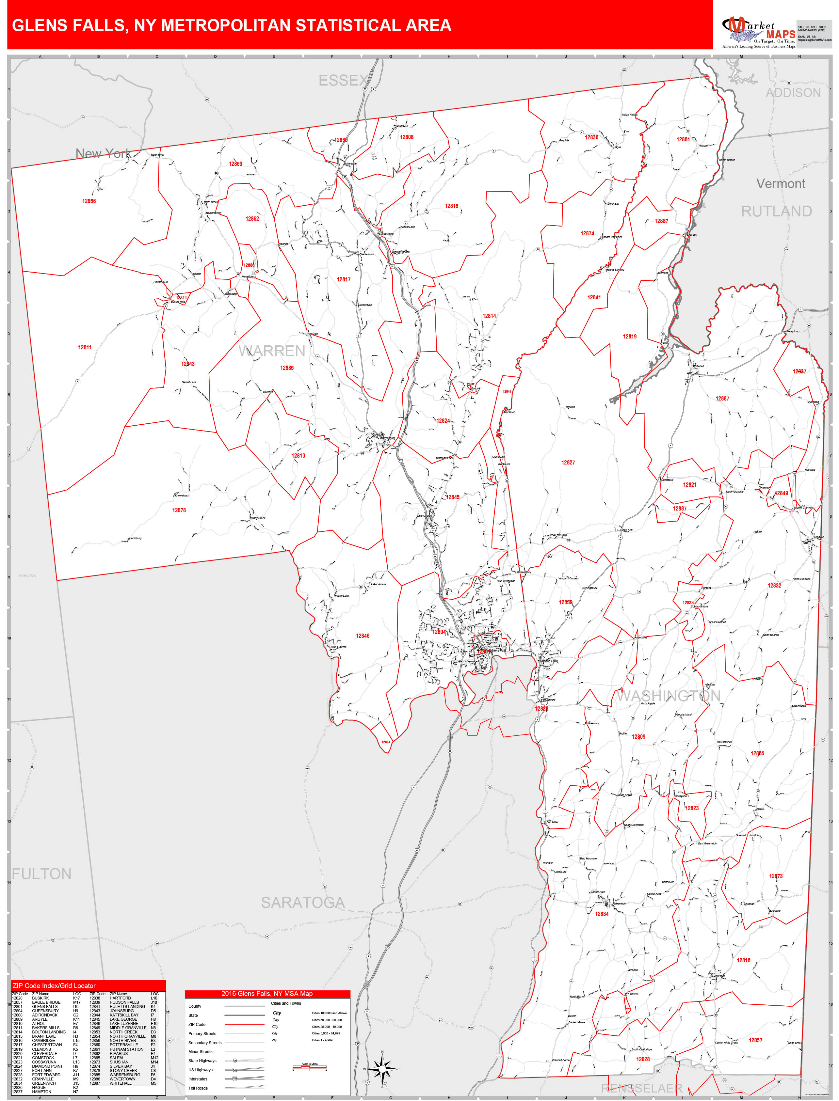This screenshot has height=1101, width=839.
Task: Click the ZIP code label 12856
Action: (89, 201)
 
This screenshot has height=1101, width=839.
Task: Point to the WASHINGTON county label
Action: (668, 696)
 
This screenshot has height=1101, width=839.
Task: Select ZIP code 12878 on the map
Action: (179, 510)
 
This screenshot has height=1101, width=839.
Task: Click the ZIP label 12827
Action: (568, 463)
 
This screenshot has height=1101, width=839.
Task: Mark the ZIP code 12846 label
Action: (363, 636)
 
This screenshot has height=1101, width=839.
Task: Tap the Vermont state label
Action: (780, 184)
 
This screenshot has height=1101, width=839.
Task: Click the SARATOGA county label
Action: (303, 902)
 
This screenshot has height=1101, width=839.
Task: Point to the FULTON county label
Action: (42, 874)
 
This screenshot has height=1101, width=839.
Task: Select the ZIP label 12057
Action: (755, 1040)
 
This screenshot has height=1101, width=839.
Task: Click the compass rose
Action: (382, 1069)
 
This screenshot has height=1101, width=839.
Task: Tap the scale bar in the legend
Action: (309, 1068)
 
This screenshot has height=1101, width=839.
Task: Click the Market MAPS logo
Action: (759, 31)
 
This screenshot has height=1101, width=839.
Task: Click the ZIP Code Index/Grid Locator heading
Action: (54, 986)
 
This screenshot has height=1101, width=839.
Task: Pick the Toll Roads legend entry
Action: (198, 1088)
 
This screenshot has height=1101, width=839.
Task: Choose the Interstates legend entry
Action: (198, 1079)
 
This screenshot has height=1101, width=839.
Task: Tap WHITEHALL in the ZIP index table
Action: (121, 1083)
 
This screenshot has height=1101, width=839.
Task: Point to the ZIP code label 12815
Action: (451, 206)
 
